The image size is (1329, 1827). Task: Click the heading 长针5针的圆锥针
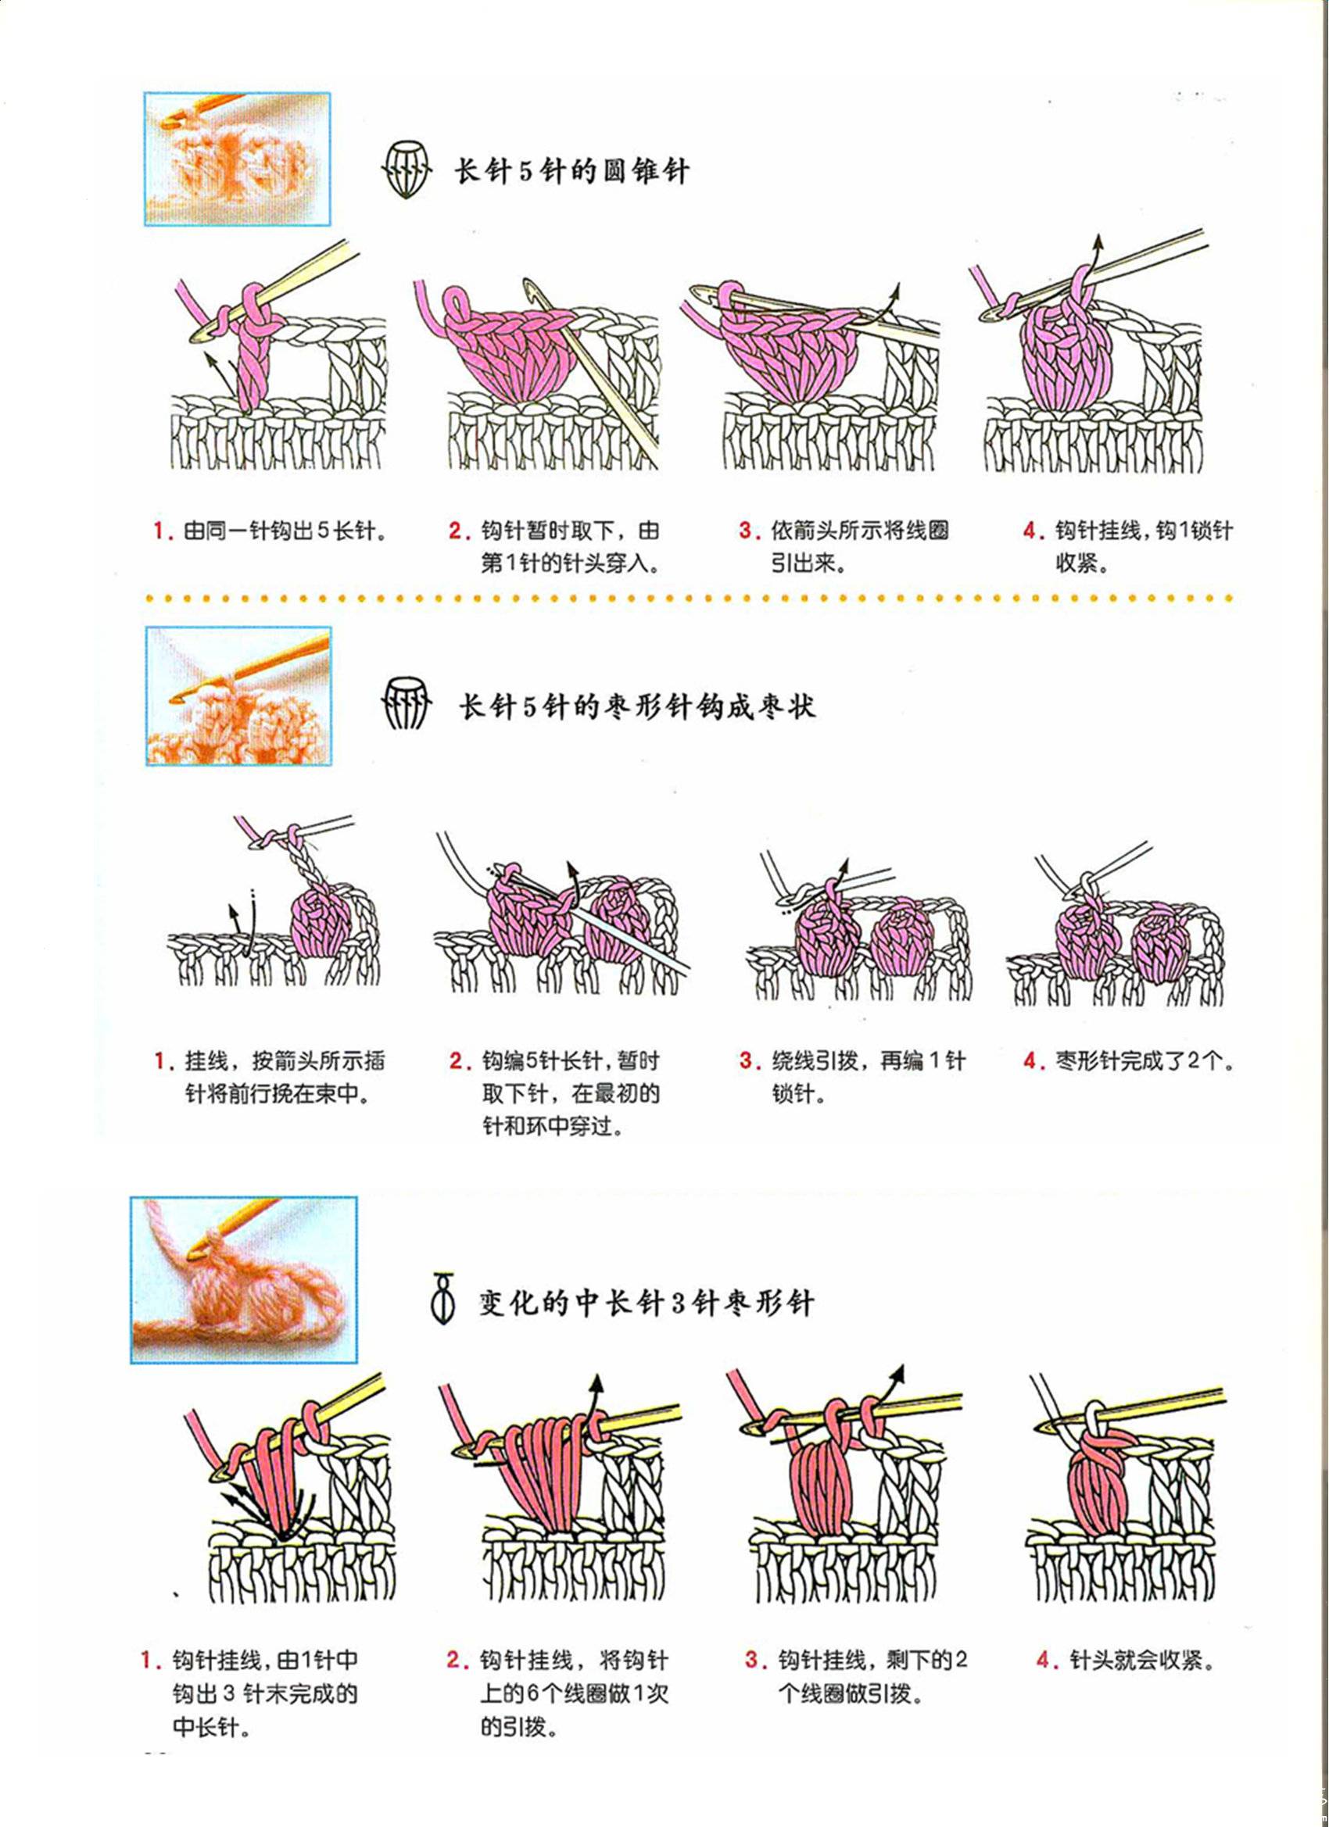point(572,172)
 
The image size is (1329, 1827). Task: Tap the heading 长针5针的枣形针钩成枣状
point(636,706)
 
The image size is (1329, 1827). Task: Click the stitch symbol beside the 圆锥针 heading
point(408,169)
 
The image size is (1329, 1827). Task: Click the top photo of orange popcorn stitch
point(238,159)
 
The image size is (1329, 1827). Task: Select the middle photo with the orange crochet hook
point(238,695)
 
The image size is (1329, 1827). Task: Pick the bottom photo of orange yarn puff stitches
point(243,1280)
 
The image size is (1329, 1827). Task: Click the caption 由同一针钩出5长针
point(281,531)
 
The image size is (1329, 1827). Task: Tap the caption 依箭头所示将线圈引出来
point(859,547)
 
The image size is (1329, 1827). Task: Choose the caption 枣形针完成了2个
point(1145,1061)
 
